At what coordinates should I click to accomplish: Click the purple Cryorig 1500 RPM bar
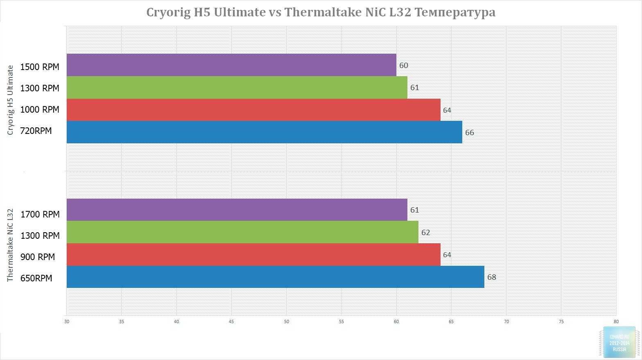231,65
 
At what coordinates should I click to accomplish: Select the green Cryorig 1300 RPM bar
237,87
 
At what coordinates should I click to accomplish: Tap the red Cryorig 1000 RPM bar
253,110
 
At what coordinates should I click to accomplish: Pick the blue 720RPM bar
264,132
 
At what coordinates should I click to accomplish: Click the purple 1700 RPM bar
237,210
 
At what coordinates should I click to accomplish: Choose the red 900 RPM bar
253,254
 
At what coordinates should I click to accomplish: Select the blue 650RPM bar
275,277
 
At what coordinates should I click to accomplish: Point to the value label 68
491,277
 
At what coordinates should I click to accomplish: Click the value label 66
469,132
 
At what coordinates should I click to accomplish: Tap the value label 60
404,66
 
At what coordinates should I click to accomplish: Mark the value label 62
425,233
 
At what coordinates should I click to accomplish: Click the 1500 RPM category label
40,67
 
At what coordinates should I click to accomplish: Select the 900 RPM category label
38,257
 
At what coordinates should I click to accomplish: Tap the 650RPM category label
36,278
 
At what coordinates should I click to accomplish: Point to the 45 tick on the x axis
231,322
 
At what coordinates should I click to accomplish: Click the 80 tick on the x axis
616,322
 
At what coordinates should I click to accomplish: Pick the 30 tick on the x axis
67,322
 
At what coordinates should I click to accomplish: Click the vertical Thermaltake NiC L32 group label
11,245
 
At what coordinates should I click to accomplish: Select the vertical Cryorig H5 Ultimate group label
11,100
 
